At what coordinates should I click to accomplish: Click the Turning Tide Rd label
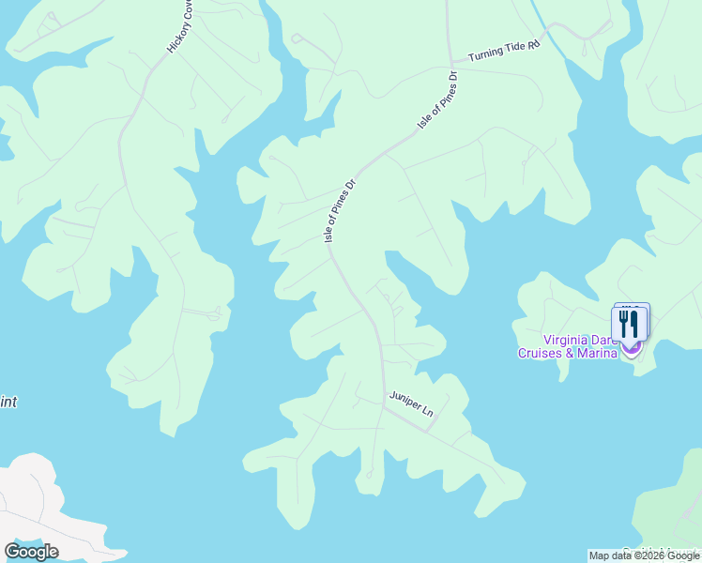coord(505,50)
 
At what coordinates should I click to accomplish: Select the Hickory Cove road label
coord(180,27)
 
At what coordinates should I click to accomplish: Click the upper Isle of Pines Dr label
coord(436,101)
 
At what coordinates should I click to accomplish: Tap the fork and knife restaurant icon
coord(629,324)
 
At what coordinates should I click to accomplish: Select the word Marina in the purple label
coord(597,353)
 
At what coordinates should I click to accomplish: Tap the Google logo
coord(31,551)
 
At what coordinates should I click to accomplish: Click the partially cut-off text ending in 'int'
coord(8,403)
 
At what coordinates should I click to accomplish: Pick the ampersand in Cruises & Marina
coord(570,353)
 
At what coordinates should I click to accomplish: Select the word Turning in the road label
coord(484,53)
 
